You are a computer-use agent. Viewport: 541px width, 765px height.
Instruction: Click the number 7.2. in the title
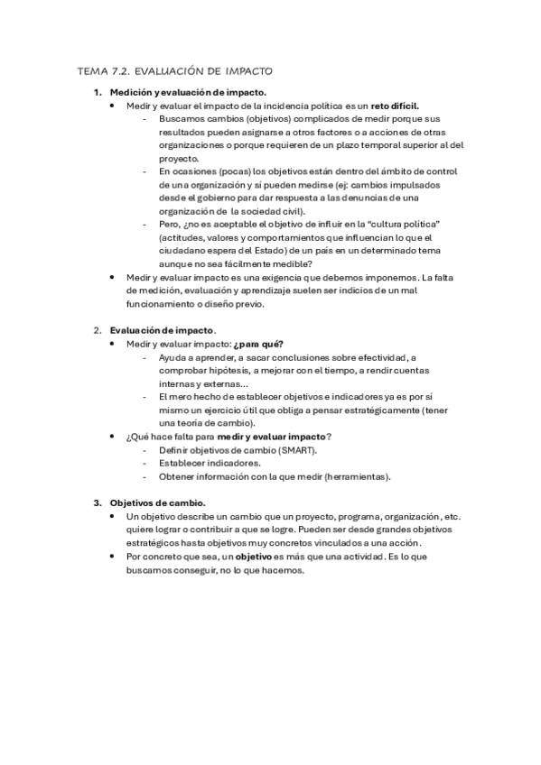[126, 70]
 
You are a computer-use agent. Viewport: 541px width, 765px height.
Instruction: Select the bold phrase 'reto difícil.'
[393, 106]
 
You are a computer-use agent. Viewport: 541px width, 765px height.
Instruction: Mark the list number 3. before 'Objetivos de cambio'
[98, 502]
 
